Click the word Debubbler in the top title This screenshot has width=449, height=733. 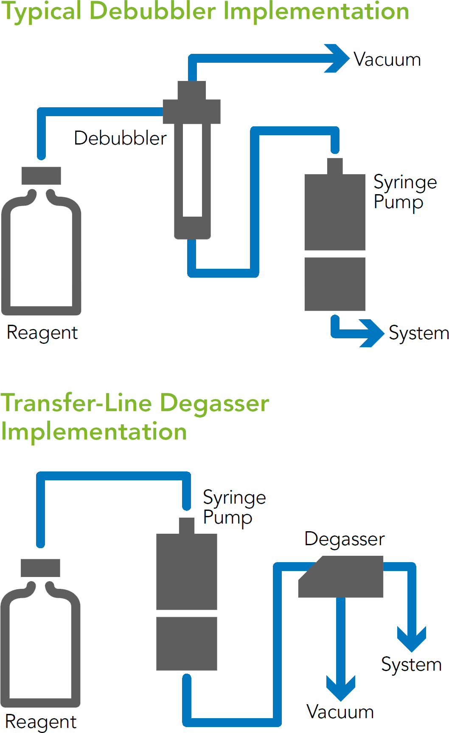coord(153,11)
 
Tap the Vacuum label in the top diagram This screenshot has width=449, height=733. coord(387,60)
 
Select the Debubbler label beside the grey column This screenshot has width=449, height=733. coord(120,138)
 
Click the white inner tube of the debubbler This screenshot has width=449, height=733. coord(192,170)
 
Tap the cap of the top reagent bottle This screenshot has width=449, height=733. coord(41,176)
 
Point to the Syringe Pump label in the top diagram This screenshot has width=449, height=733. coord(404,192)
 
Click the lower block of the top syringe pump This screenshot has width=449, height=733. coord(335,284)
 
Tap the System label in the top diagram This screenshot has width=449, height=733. coord(418,333)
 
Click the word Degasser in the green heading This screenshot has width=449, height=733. coord(215,403)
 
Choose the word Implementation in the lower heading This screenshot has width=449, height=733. coord(94,432)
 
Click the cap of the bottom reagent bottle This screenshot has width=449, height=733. coord(40,568)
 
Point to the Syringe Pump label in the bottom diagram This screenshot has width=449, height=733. coord(234,507)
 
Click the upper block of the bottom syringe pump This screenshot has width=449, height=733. coord(187,571)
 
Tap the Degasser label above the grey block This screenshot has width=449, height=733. coord(344,539)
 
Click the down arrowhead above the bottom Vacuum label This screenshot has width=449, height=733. coord(341,687)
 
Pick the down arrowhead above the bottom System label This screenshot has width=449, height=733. coord(412,639)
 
